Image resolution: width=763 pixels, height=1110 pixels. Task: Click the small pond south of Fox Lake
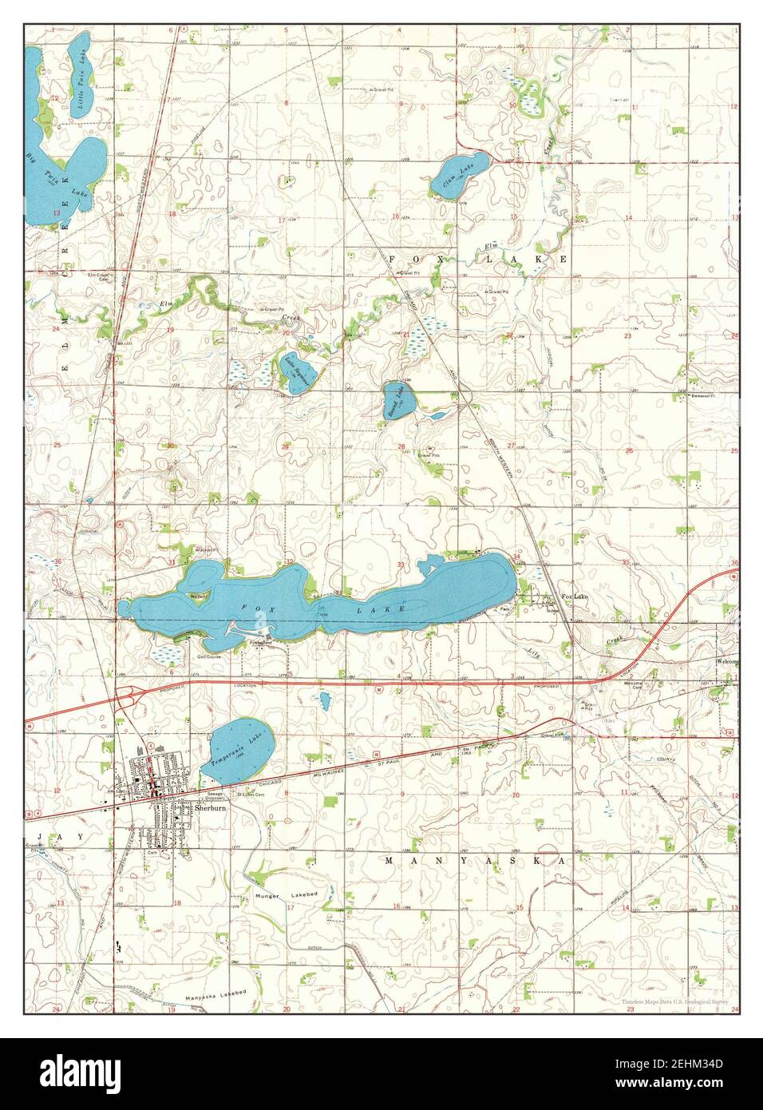pyautogui.click(x=325, y=701)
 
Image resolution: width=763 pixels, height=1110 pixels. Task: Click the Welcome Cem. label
pyautogui.click(x=634, y=685)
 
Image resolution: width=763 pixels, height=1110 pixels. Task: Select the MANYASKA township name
pyautogui.click(x=475, y=861)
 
